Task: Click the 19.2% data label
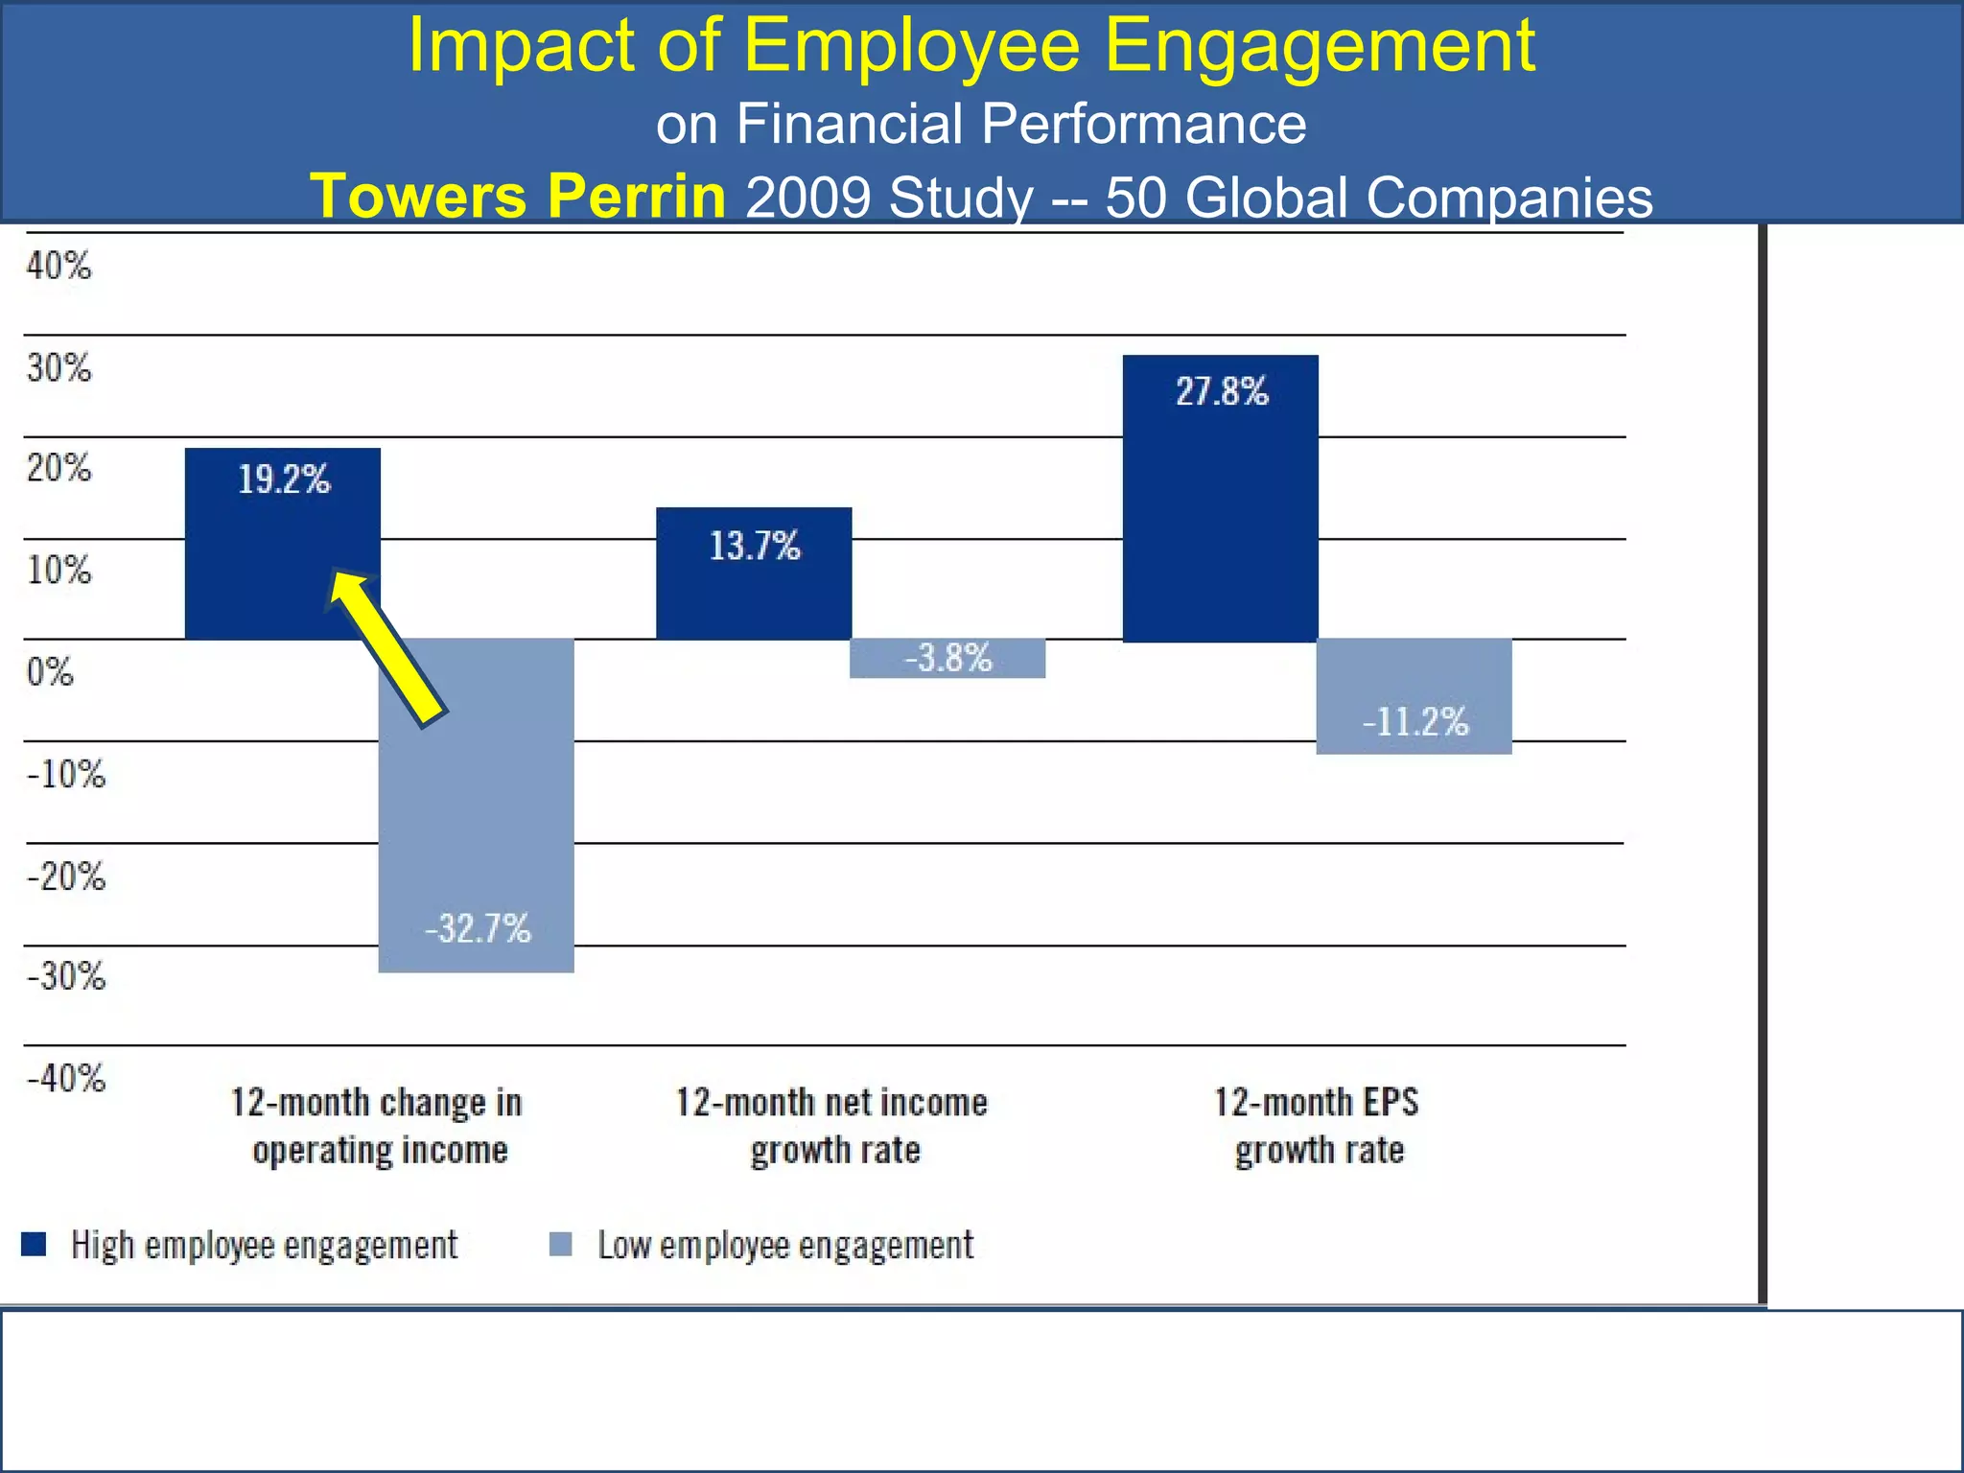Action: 284,479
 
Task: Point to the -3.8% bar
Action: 947,658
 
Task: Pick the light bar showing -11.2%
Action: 1414,696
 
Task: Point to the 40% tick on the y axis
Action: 58,266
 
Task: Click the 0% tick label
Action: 50,672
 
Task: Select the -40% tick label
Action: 66,1079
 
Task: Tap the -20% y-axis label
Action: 66,877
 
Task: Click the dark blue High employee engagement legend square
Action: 34,1244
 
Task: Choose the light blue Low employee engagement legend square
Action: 561,1244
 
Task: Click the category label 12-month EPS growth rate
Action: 1318,1126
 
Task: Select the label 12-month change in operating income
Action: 378,1126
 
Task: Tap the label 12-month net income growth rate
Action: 832,1126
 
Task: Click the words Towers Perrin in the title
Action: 518,196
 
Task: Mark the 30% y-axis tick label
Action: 58,367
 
